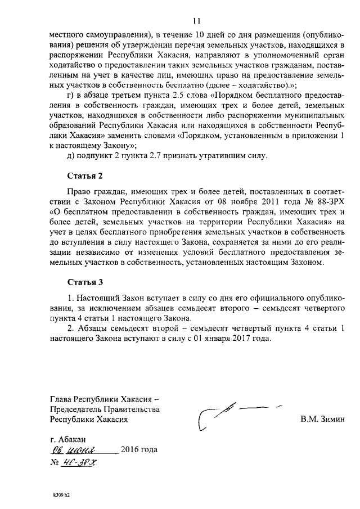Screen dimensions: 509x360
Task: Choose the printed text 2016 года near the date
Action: coord(139,450)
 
